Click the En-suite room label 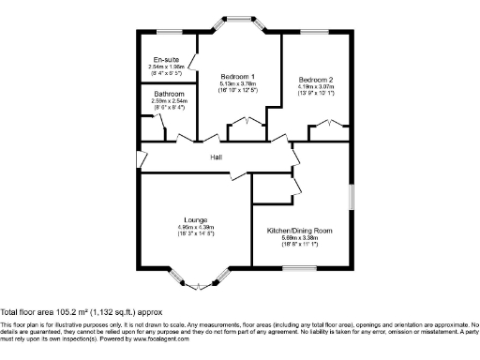click(x=168, y=59)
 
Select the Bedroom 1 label click(x=238, y=75)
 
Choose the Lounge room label click(x=195, y=220)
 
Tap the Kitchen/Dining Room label click(x=300, y=230)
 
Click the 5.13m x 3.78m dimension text click(x=238, y=83)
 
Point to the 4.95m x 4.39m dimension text click(x=195, y=227)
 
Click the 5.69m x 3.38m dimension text click(x=300, y=237)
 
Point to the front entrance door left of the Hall click(x=138, y=157)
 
